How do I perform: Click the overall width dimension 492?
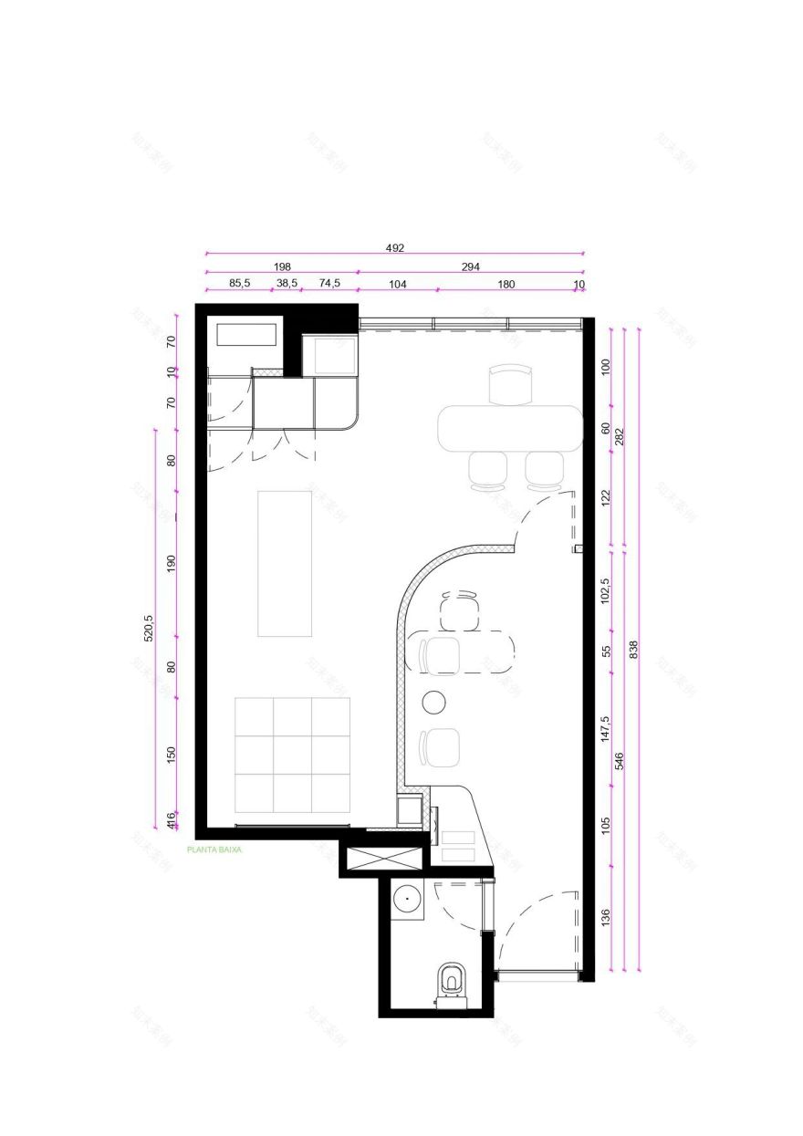[394, 247]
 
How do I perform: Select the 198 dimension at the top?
[282, 266]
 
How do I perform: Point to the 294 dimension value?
[470, 266]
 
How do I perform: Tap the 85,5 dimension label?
[239, 284]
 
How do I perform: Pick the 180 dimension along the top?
[506, 284]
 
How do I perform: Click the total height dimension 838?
[633, 649]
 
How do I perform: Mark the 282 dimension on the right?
[619, 437]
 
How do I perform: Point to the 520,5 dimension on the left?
[150, 629]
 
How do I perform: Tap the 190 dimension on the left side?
[171, 563]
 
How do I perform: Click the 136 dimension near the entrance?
[606, 917]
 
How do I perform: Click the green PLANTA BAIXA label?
[214, 849]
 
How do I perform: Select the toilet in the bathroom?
[451, 983]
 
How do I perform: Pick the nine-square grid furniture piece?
[292, 755]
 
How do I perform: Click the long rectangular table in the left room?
[285, 563]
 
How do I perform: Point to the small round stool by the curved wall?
[434, 702]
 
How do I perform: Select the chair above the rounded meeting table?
[509, 384]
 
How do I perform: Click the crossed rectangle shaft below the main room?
[381, 858]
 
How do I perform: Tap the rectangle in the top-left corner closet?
[246, 334]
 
